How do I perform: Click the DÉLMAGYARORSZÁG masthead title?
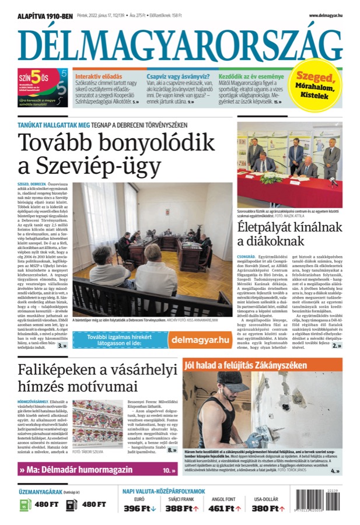tap(180, 43)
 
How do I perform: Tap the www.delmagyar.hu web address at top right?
tap(325, 15)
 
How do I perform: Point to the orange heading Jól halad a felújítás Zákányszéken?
tap(245, 366)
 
